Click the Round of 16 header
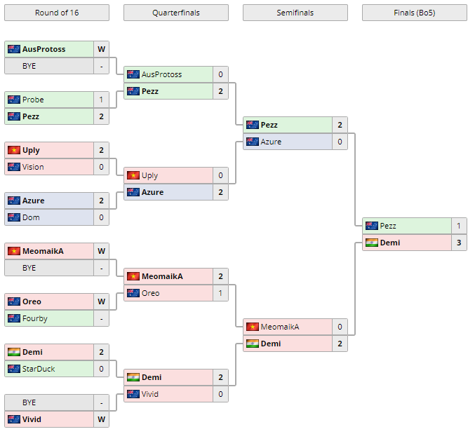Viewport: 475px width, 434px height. [57, 13]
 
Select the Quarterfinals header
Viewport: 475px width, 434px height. [175, 13]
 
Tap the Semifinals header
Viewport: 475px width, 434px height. [295, 13]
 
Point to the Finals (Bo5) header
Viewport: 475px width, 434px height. [414, 13]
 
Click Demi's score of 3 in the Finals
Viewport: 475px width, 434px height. [459, 243]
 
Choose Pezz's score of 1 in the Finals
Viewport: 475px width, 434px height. [459, 226]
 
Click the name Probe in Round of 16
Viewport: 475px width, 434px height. [33, 100]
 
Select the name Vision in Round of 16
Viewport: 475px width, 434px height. [33, 167]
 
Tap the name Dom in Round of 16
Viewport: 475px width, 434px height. [31, 217]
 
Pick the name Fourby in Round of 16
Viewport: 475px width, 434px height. [35, 318]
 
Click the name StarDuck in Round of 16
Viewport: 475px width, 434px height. [39, 369]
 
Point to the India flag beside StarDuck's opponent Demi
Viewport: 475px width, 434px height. [14, 352]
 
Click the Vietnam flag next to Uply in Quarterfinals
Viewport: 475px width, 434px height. [133, 175]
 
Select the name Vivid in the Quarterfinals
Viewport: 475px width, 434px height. [150, 394]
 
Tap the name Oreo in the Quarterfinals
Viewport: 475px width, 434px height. [150, 293]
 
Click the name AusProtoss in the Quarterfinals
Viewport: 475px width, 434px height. [161, 74]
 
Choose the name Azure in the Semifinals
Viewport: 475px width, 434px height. [271, 142]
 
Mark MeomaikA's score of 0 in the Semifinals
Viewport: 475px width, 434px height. [340, 327]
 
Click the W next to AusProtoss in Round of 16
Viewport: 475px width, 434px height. [101, 49]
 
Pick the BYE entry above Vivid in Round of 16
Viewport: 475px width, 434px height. [29, 402]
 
